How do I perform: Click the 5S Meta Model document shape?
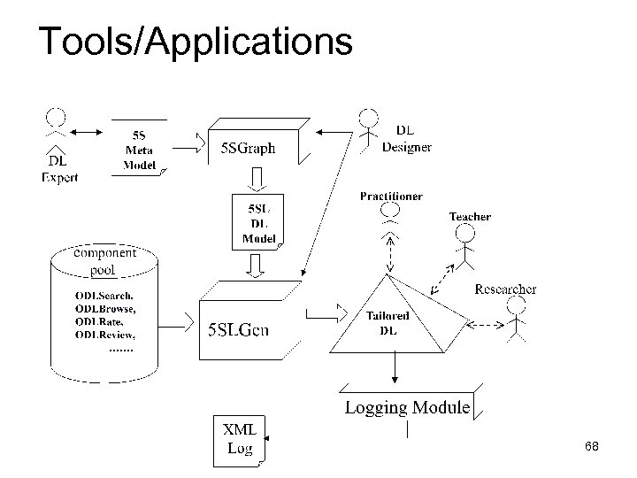[x=140, y=148]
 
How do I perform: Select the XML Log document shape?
[x=239, y=439]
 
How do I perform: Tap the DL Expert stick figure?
[x=56, y=128]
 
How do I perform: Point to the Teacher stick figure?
[x=465, y=243]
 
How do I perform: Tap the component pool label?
[x=104, y=260]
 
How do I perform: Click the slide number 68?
[x=592, y=447]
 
